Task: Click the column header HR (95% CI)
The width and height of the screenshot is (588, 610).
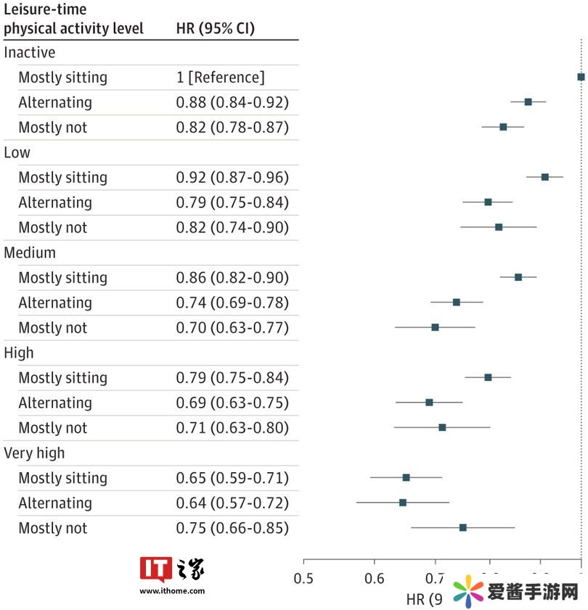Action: [215, 28]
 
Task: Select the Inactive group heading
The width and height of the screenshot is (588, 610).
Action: [30, 52]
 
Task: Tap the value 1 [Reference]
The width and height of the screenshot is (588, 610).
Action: [221, 78]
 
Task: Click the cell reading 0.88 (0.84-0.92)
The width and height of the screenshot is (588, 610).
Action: [232, 102]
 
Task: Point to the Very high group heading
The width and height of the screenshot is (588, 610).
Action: [34, 453]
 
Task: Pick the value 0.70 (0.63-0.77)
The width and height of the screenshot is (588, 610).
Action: [232, 328]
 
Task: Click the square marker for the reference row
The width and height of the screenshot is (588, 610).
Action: [581, 77]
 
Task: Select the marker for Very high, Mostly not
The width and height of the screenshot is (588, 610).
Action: [462, 527]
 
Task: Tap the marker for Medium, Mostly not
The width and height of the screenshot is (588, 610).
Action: [435, 327]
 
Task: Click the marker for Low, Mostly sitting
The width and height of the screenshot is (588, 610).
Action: [544, 177]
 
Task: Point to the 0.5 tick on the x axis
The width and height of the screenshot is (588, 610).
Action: [303, 578]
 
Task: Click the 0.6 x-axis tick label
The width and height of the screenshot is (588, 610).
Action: [374, 578]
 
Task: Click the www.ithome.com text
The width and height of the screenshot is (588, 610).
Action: [172, 591]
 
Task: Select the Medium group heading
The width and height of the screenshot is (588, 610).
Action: [30, 252]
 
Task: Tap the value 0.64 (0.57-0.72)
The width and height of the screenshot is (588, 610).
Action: [232, 503]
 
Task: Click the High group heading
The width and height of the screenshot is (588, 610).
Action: [19, 353]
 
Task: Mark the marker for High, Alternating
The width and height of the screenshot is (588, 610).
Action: [429, 402]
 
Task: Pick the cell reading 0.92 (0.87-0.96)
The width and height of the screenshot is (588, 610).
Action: [232, 178]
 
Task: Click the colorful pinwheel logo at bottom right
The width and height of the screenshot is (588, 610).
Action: [469, 591]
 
